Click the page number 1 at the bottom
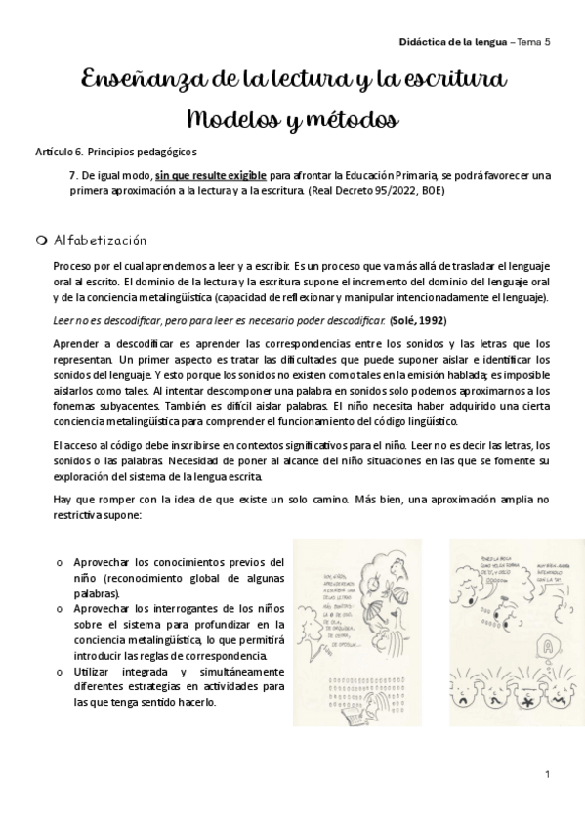tap(549, 775)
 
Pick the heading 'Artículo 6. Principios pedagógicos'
tap(115, 153)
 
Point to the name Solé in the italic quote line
tap(403, 319)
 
